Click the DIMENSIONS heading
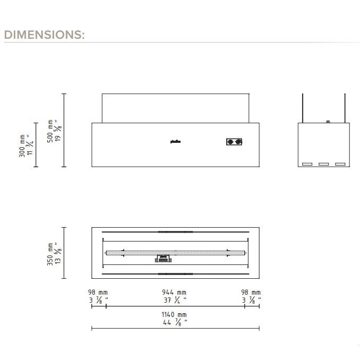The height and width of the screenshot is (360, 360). point(44,35)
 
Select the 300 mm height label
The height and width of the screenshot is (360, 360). point(22,145)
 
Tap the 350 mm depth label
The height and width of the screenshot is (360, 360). point(51,253)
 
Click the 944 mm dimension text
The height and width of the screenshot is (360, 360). point(174,293)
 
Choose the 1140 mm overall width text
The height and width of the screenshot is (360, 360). point(174,315)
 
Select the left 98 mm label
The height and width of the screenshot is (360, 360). point(98,293)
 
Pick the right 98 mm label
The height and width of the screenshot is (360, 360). point(251,293)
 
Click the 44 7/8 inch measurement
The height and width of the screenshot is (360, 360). point(174,322)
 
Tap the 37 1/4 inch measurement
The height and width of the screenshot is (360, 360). point(174,299)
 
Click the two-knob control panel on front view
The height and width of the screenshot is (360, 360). point(234,142)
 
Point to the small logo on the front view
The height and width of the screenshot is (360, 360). point(175,141)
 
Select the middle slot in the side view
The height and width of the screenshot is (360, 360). point(323,164)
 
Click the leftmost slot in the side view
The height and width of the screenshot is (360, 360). point(307,164)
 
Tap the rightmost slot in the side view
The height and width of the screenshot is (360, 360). point(340,164)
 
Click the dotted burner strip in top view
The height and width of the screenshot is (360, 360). point(175,253)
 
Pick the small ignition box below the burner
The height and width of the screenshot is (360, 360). point(163,259)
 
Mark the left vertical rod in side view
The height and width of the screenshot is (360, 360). point(304,108)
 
